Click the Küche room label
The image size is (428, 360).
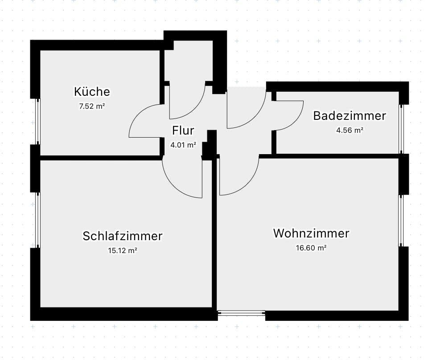click(x=92, y=92)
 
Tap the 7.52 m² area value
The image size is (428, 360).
click(x=92, y=106)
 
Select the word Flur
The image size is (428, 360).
click(x=183, y=131)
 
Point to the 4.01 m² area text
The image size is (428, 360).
click(x=183, y=144)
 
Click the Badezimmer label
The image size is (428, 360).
click(x=349, y=116)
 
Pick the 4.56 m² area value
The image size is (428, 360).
click(x=349, y=131)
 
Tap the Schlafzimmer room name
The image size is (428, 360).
click(x=123, y=236)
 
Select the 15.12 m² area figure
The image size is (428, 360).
click(x=122, y=250)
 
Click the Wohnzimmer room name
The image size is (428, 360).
click(x=311, y=233)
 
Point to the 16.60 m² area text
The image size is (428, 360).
click(x=311, y=248)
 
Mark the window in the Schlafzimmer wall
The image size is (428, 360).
click(x=38, y=220)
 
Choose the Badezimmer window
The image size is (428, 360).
click(x=401, y=129)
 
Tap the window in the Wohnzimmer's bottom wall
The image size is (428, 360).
click(x=241, y=314)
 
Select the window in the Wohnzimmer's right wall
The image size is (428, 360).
click(x=401, y=220)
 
